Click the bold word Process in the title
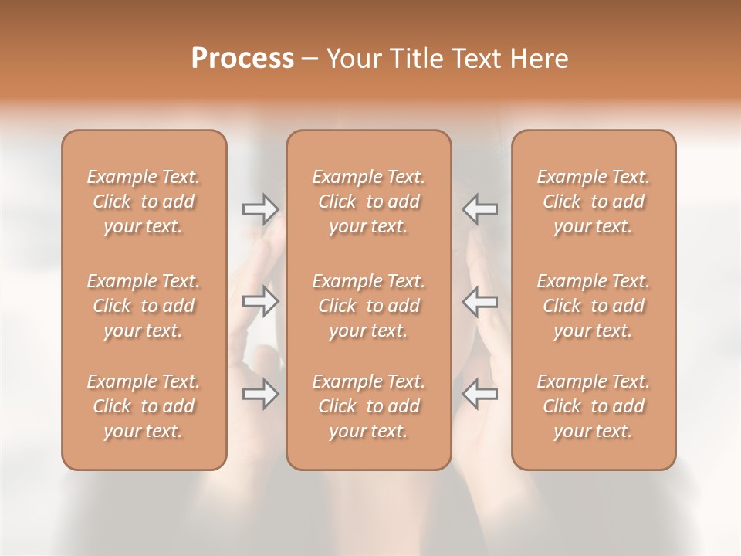pyautogui.click(x=242, y=59)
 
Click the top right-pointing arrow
pyautogui.click(x=260, y=208)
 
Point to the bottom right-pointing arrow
pyautogui.click(x=260, y=395)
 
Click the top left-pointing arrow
pyautogui.click(x=479, y=208)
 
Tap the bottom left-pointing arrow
pyautogui.click(x=479, y=395)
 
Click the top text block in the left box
pyautogui.click(x=144, y=202)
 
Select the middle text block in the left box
pyautogui.click(x=144, y=306)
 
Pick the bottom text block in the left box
pyautogui.click(x=144, y=406)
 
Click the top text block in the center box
pyautogui.click(x=369, y=202)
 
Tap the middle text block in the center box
pyautogui.click(x=369, y=306)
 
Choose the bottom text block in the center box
pyautogui.click(x=369, y=406)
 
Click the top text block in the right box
pyautogui.click(x=594, y=202)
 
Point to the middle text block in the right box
pyautogui.click(x=594, y=306)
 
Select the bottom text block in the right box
pyautogui.click(x=594, y=406)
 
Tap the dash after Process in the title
pyautogui.click(x=310, y=59)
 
